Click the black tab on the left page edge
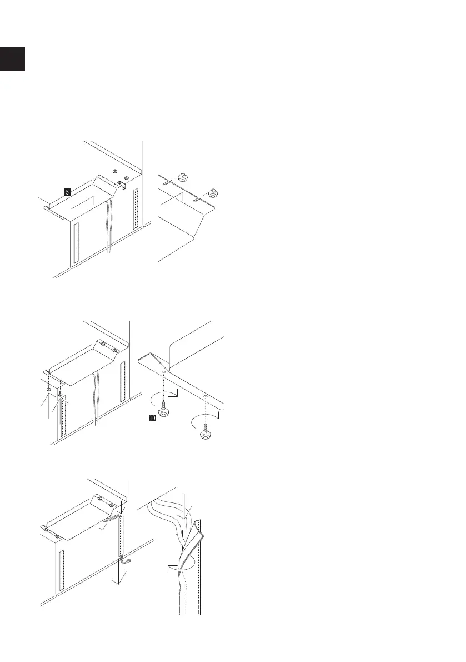12,59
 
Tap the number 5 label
67,192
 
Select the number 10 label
151,419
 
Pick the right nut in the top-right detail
212,192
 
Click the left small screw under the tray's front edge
49,389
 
